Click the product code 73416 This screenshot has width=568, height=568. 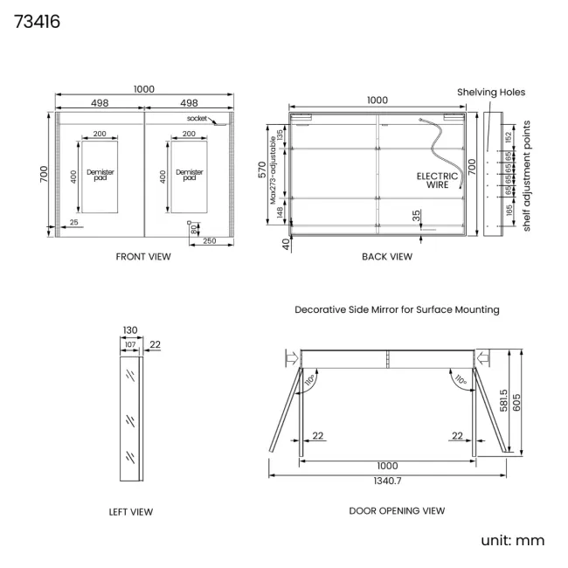tap(37, 21)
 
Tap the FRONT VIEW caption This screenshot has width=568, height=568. tap(143, 256)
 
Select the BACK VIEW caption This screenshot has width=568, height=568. tap(387, 256)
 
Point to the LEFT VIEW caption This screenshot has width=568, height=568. tap(131, 511)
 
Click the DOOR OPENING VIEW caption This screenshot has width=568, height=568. tap(397, 510)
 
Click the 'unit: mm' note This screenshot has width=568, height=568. tap(513, 540)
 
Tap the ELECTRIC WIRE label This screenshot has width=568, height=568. tap(437, 180)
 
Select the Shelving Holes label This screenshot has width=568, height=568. tap(491, 92)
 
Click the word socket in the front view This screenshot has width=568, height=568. tap(197, 118)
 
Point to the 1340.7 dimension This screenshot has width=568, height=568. tap(387, 481)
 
